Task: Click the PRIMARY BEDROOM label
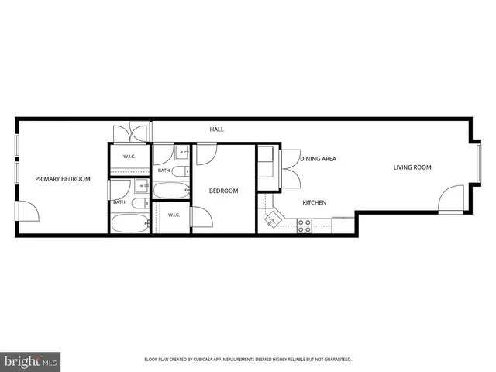pos(63,179)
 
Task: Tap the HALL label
pos(217,129)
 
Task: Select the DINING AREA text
pos(318,159)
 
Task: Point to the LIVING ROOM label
pos(412,167)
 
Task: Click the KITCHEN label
pos(315,203)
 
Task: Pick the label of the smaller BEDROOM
pos(224,191)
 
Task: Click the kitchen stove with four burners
pos(305,226)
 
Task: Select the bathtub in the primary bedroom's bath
pos(130,223)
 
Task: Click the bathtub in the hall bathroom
pos(171,191)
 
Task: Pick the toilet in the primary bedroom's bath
pos(140,203)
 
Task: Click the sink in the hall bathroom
pos(182,153)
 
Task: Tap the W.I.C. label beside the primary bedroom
pos(129,157)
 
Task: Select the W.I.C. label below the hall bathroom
pos(174,215)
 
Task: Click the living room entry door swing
pos(451,198)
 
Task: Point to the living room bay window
pos(479,164)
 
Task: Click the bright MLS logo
pos(30,362)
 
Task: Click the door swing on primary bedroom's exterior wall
pos(28,211)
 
